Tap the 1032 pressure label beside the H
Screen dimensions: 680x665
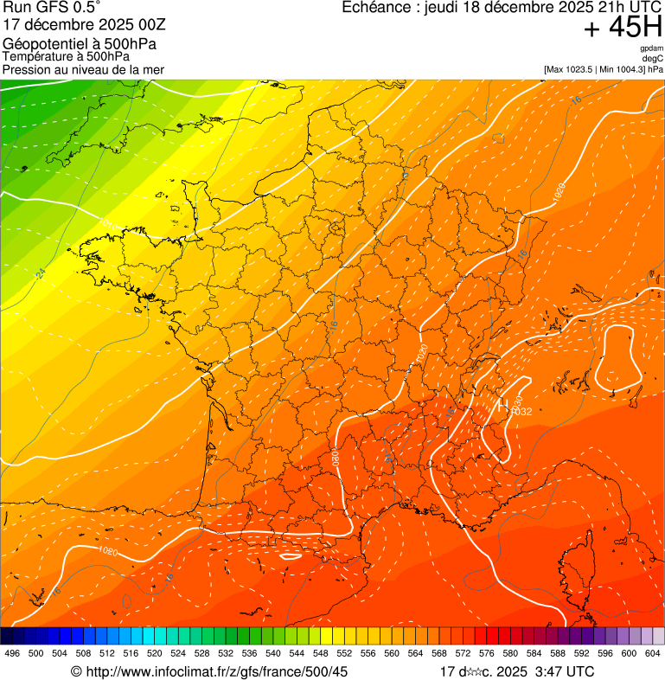521,412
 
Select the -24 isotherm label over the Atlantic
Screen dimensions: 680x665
41,273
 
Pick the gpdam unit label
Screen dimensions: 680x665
652,48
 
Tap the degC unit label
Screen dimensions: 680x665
653,58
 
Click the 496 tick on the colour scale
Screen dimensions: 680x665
12,653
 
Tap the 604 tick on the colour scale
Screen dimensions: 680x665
653,653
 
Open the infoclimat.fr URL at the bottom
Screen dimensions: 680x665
216,671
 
